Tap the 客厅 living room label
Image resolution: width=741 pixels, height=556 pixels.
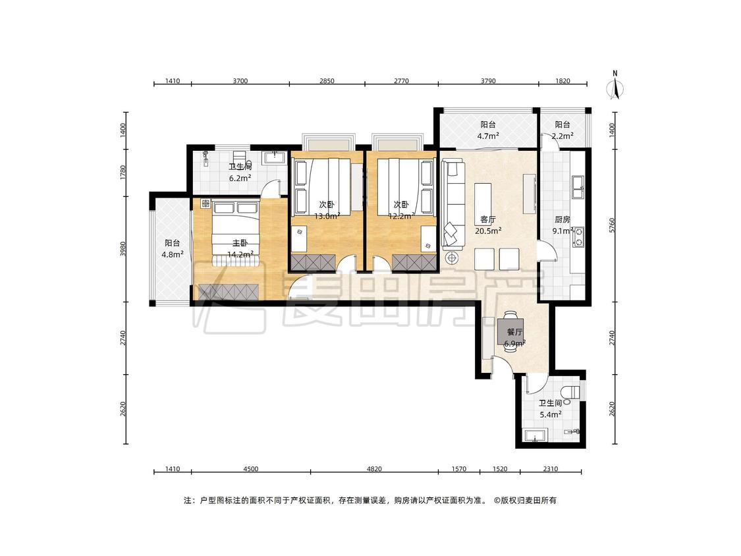point(487,220)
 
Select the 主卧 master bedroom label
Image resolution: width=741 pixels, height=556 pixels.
point(240,244)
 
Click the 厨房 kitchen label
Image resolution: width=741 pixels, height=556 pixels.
point(563,220)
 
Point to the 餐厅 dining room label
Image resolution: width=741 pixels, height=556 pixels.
point(514,333)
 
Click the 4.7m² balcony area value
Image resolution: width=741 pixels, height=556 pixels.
point(488,136)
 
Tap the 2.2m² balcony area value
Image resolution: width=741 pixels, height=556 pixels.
point(563,136)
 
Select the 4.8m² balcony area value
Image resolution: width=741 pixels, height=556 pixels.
point(173,255)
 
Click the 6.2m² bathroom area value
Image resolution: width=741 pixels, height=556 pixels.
point(240,179)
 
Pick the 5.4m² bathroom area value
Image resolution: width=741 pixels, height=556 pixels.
point(551,415)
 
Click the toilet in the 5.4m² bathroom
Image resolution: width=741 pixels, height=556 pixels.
point(572,393)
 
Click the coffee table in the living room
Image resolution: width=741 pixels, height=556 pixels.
point(483,201)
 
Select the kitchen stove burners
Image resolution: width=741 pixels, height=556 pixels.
point(578,237)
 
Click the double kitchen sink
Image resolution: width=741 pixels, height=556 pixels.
point(578,186)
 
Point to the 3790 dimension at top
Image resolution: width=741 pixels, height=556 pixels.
point(488,81)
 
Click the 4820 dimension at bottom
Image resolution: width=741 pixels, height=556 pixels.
point(374,469)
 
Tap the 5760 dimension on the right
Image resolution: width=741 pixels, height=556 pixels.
point(613,225)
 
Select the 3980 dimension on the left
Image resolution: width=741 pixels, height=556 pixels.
point(123,249)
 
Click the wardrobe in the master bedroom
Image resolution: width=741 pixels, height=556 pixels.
point(229,292)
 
